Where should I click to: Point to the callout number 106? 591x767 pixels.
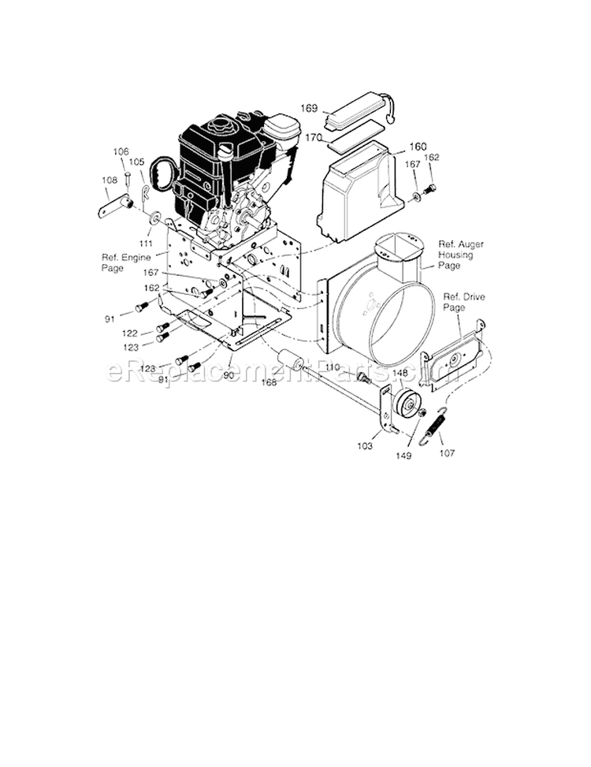click(121, 152)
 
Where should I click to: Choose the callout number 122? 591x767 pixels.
click(130, 334)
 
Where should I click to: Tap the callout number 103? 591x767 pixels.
click(364, 447)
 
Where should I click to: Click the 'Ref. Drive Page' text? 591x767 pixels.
click(461, 303)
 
